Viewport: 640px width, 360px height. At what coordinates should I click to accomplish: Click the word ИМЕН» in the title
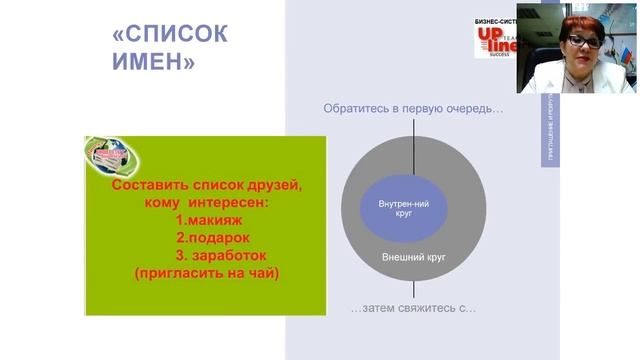(x=152, y=64)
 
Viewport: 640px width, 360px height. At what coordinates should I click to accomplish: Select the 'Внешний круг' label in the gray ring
(x=414, y=257)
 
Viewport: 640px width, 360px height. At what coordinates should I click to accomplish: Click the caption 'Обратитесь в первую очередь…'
(x=412, y=108)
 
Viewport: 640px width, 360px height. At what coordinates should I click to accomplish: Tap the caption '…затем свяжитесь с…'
(x=413, y=308)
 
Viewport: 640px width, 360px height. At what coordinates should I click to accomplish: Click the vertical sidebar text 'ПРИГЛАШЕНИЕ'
(x=556, y=131)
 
